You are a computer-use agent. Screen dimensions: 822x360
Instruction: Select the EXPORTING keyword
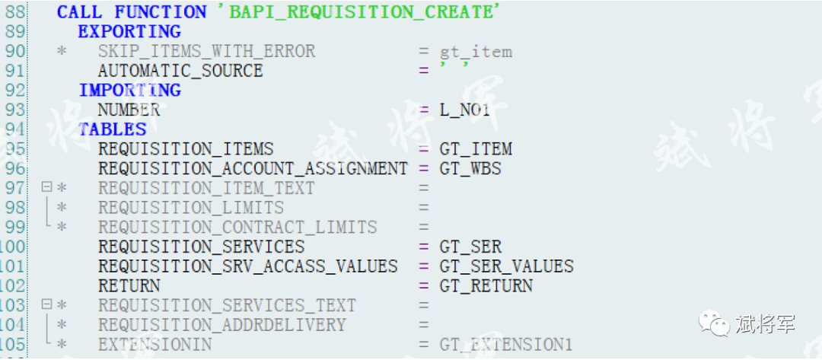click(129, 31)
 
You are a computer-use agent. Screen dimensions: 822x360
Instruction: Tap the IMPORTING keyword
click(130, 91)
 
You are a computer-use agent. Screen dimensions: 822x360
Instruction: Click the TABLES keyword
click(112, 129)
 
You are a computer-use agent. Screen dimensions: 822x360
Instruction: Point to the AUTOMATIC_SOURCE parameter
click(180, 71)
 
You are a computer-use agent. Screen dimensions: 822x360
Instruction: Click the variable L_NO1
click(464, 110)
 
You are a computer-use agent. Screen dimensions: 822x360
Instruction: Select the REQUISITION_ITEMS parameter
click(186, 149)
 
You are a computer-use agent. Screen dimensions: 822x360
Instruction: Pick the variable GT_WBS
click(470, 169)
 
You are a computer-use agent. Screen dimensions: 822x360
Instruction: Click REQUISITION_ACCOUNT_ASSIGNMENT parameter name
click(253, 169)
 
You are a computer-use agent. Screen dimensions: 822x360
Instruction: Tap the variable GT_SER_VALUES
click(506, 266)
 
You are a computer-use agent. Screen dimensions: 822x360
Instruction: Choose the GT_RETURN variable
click(486, 286)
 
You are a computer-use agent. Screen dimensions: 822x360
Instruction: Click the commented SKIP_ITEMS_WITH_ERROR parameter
click(206, 51)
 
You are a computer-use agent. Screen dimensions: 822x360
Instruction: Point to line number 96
click(14, 169)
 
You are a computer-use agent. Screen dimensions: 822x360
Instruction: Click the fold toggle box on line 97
click(46, 186)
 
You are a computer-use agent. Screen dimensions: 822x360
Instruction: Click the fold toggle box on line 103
click(46, 304)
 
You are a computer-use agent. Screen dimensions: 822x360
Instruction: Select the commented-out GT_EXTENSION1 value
click(506, 346)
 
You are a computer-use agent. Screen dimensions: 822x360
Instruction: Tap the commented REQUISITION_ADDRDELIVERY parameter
click(221, 325)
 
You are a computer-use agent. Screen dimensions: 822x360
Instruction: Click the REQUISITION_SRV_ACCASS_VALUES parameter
click(247, 266)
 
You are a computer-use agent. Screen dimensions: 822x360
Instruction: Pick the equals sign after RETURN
click(424, 287)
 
